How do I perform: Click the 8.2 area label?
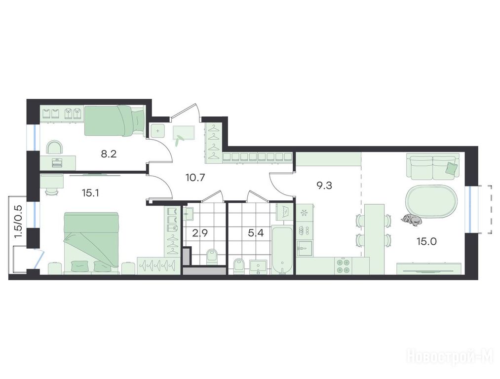click(x=109, y=154)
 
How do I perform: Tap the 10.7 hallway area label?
click(x=195, y=177)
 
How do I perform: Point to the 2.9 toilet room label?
click(x=200, y=233)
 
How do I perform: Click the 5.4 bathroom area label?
click(x=256, y=233)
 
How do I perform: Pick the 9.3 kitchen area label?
click(x=324, y=185)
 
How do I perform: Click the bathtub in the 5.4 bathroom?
click(x=282, y=250)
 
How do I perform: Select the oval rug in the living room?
click(x=430, y=201)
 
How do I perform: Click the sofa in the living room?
click(x=433, y=166)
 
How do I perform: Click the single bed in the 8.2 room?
click(x=114, y=120)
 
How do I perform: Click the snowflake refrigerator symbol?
click(x=304, y=213)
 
